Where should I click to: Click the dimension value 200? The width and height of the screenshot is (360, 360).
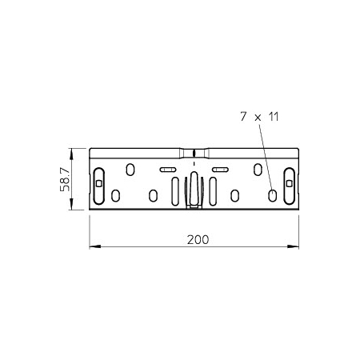[198, 240]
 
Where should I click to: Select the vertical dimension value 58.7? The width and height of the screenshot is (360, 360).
[65, 179]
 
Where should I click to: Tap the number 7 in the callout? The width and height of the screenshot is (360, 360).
[243, 117]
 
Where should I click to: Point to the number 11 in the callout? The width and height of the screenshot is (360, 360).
[274, 117]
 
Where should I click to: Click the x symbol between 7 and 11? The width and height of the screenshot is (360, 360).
[258, 118]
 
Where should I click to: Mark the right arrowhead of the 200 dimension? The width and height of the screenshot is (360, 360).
[293, 246]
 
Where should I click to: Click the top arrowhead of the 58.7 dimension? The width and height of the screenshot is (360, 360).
[71, 154]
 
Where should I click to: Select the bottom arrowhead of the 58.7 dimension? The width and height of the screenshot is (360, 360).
[71, 204]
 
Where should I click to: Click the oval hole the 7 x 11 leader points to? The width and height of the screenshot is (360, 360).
[272, 196]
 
